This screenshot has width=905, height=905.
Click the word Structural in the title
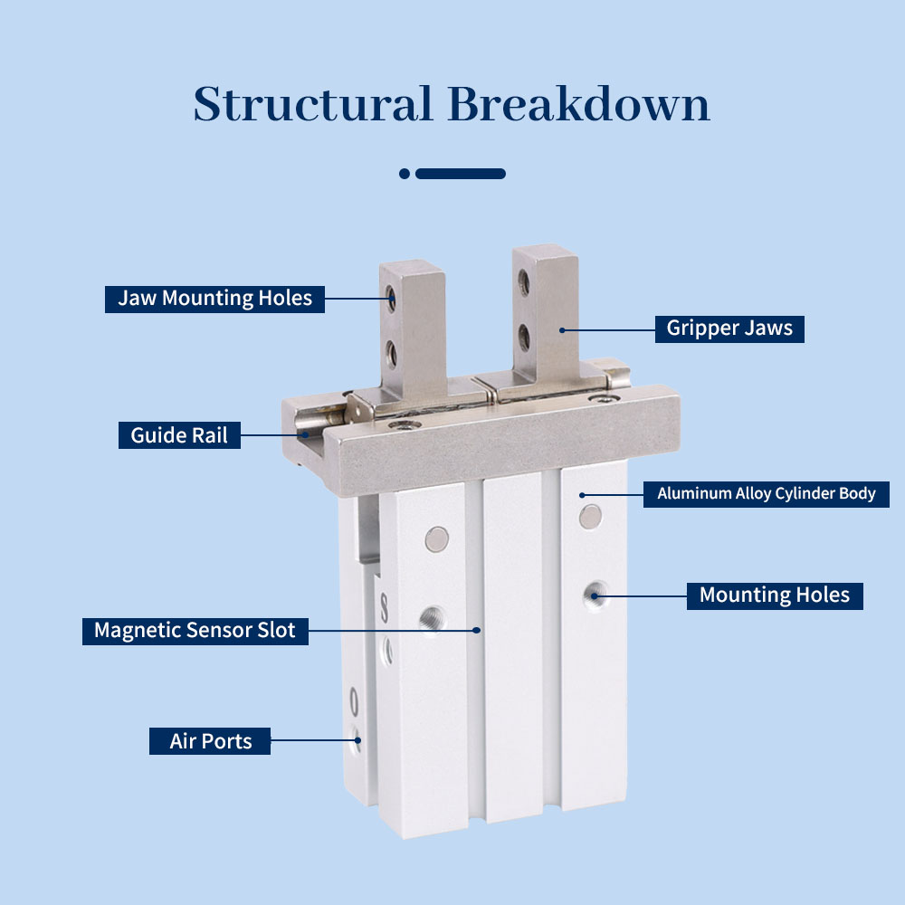point(313,104)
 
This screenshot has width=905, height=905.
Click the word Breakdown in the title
point(578,104)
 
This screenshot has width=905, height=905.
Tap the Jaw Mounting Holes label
point(214,299)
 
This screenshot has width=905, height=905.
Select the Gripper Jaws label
point(729,329)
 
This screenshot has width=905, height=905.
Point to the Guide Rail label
point(179,435)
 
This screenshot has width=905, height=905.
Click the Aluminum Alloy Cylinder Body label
point(767,494)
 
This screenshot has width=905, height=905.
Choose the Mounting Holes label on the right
point(775,595)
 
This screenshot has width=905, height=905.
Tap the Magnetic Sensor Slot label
point(195,631)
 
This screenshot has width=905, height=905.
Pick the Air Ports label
point(210,741)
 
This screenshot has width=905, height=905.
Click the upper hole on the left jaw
point(391,299)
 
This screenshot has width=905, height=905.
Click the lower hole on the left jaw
point(391,354)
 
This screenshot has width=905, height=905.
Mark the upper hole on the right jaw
point(523,282)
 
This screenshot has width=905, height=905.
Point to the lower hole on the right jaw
point(523,337)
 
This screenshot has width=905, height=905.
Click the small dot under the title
point(405,174)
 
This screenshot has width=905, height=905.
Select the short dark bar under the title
point(461,174)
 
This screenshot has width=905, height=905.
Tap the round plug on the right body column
point(590,517)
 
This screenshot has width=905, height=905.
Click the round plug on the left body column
point(437,539)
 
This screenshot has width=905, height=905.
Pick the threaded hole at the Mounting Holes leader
point(595,595)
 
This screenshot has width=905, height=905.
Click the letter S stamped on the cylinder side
point(384,607)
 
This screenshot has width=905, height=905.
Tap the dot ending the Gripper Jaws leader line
point(562,330)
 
